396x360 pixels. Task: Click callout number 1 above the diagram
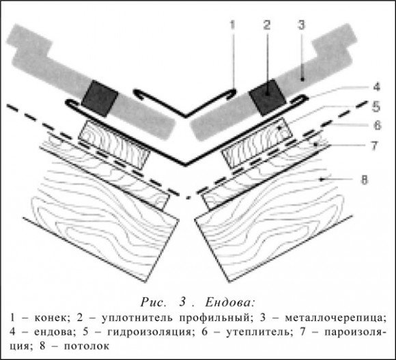tap(232, 25)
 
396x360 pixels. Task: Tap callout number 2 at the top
tap(267, 25)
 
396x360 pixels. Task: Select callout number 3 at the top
tap(301, 25)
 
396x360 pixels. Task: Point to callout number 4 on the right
tap(376, 87)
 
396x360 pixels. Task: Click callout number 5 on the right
tap(376, 107)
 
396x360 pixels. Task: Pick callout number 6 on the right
tap(377, 125)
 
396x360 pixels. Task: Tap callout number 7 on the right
tap(374, 146)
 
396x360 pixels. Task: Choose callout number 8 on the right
tap(364, 180)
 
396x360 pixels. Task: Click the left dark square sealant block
tap(100, 98)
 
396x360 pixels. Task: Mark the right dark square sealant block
tap(268, 98)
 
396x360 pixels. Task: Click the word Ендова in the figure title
tap(229, 302)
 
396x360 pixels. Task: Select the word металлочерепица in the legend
tap(336, 318)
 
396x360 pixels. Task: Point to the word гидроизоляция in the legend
tap(150, 332)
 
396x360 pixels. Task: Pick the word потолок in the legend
tap(87, 346)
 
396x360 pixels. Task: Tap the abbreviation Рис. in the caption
tap(154, 302)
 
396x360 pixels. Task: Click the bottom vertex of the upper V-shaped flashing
tap(186, 116)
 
